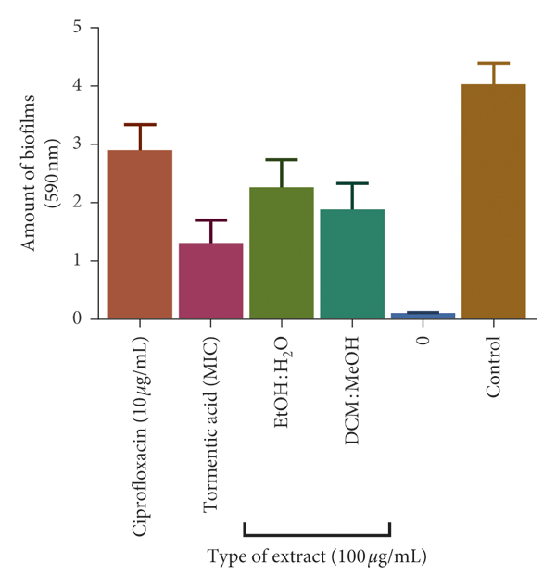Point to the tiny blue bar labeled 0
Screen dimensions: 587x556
tap(423, 316)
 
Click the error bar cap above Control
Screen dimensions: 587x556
tap(494, 63)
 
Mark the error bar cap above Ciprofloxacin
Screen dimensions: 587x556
tap(140, 124)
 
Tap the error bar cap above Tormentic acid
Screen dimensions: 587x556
tap(210, 220)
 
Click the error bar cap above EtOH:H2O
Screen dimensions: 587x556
tap(282, 160)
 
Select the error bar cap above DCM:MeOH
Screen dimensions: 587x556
tap(352, 183)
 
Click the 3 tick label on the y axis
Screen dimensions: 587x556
tap(79, 144)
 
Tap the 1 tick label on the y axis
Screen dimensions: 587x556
tap(79, 261)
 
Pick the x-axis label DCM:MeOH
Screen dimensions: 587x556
tap(352, 389)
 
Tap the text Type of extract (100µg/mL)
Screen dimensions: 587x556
tap(316, 556)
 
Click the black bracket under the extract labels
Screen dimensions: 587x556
tap(316, 534)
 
